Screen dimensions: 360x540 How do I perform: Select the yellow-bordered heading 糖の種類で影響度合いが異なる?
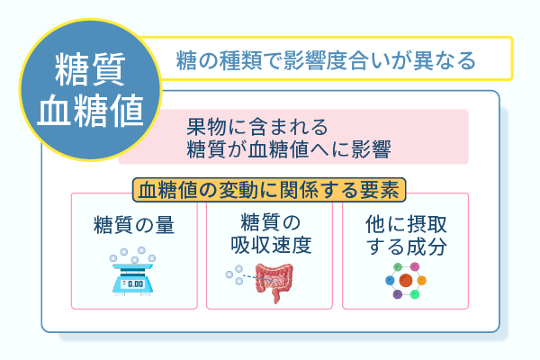(x=327, y=61)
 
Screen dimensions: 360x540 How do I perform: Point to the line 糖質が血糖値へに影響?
(x=287, y=147)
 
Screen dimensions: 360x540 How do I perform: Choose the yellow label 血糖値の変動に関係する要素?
(x=269, y=190)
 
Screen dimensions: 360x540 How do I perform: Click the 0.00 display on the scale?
(x=134, y=284)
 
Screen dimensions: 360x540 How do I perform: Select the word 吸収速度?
(x=269, y=243)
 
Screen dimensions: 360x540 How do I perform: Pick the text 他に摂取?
(x=405, y=222)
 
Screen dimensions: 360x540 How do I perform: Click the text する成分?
(x=405, y=245)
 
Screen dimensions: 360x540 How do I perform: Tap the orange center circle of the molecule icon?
(x=406, y=281)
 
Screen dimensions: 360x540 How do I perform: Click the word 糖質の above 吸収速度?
(x=269, y=221)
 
